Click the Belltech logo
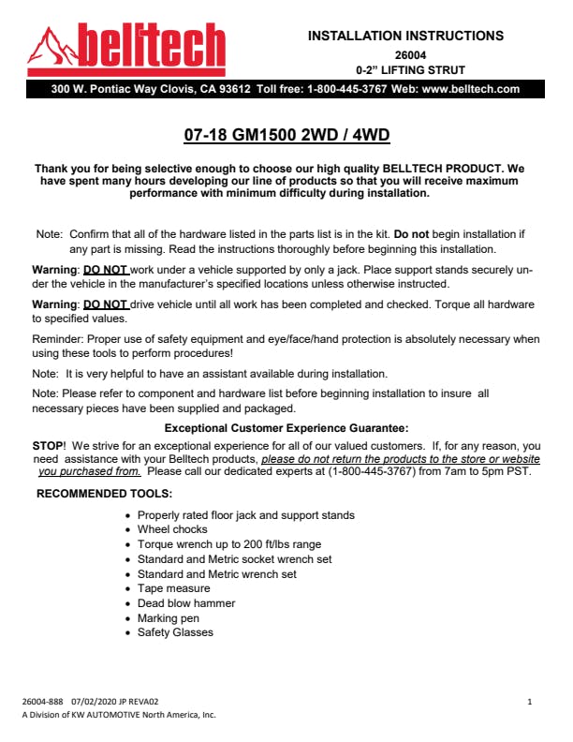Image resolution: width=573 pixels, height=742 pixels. pos(126,50)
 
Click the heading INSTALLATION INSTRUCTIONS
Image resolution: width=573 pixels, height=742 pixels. pos(405,37)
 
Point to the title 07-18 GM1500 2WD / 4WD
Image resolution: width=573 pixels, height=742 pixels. pos(286,135)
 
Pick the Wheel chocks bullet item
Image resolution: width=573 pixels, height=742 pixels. pos(172,530)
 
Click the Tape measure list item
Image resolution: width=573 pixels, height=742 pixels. pos(173,588)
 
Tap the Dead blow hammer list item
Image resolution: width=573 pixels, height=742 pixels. pos(186,603)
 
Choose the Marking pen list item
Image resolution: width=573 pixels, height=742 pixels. pos(169,618)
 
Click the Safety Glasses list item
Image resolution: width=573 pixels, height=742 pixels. pos(175,632)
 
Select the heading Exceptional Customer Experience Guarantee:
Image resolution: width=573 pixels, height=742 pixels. pos(286,426)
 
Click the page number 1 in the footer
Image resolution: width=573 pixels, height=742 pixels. pos(530,701)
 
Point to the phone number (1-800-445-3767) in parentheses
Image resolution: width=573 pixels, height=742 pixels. pos(374,471)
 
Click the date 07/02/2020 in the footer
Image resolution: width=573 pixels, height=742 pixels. pos(91,701)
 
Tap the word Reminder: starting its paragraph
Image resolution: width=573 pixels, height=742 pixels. pos(58,339)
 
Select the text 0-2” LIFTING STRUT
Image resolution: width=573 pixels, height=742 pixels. pos(410,70)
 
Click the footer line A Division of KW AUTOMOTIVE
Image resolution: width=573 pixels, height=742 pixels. pos(118,715)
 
